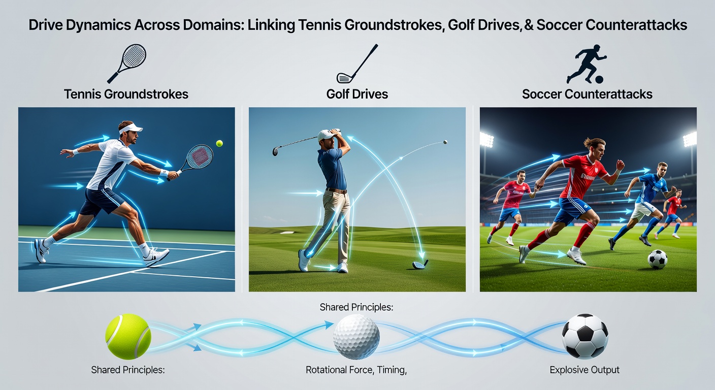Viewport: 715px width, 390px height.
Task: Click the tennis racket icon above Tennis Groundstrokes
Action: point(127,63)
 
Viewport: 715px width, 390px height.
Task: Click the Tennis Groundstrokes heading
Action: point(126,94)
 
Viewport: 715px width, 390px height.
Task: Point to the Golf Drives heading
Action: point(357,94)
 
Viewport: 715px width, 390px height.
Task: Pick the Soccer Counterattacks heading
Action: point(587,94)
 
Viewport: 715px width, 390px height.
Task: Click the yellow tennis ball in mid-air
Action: point(219,144)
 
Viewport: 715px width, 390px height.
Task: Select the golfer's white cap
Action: point(326,135)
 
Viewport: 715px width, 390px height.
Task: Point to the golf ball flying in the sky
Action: point(445,142)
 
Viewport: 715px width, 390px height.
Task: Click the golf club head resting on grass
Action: point(419,264)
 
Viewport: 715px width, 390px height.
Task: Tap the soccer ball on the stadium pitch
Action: point(657,259)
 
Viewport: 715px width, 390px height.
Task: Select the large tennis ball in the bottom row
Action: point(128,336)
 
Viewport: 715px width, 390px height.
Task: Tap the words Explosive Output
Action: point(584,370)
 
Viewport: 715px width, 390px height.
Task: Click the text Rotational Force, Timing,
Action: point(356,370)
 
